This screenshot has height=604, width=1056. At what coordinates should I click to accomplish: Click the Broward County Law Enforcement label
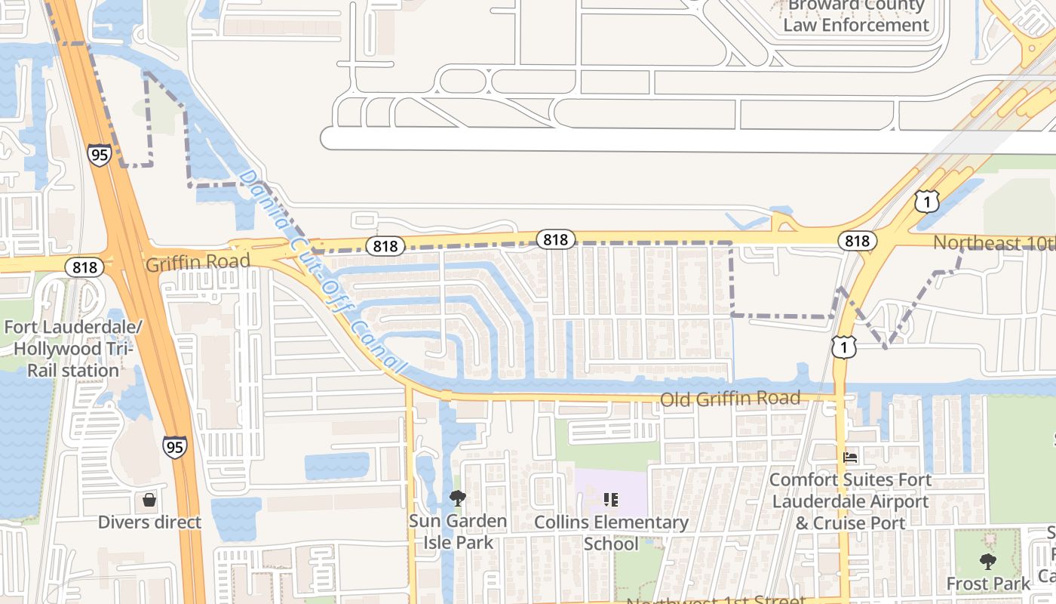855,16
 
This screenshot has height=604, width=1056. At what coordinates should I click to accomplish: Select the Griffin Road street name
198,263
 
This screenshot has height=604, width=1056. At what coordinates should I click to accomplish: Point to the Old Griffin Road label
729,398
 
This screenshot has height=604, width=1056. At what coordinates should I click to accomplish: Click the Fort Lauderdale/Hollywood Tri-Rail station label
72,349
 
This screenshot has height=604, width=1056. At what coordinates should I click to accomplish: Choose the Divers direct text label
149,522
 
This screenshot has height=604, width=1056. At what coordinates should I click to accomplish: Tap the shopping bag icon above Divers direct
149,500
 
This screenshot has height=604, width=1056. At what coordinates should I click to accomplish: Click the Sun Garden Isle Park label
458,532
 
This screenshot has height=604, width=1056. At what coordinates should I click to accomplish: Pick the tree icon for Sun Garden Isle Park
457,498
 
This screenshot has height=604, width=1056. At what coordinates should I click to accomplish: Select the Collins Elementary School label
611,532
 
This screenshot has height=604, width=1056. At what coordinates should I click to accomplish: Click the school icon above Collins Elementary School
611,499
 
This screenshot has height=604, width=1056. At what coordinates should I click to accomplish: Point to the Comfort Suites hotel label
850,501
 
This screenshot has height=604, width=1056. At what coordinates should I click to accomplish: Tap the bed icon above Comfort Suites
850,458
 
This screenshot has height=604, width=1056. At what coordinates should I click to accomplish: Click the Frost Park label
988,584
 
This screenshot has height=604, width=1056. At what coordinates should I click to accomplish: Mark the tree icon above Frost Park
987,562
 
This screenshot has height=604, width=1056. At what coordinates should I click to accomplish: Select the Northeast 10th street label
994,243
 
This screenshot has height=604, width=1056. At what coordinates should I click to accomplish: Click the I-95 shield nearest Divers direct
174,447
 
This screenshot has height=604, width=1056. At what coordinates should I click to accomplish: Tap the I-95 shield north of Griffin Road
99,155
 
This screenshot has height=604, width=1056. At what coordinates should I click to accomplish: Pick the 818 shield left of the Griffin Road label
84,267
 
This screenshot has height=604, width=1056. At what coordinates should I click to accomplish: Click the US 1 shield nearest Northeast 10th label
927,201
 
